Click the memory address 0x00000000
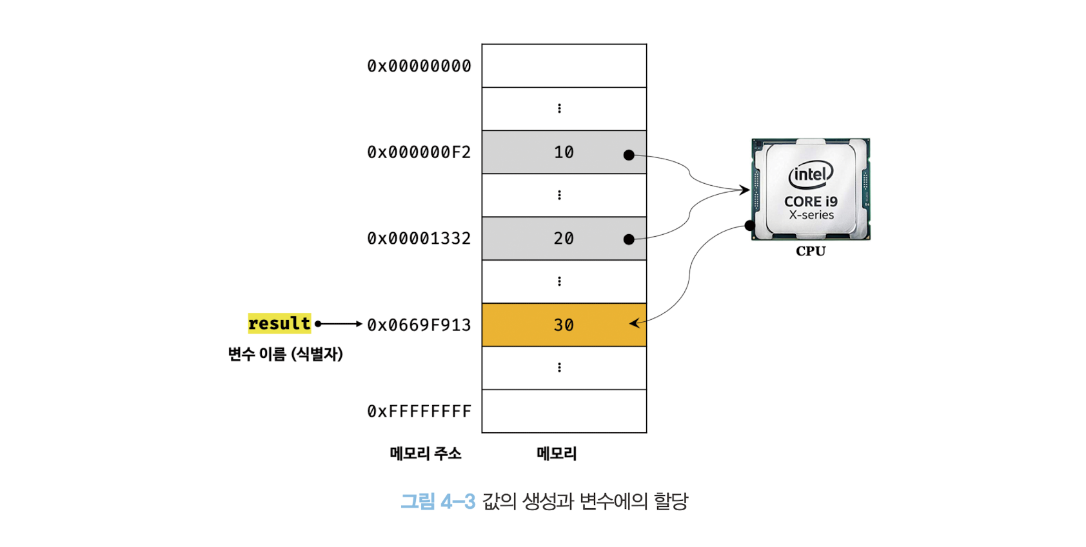pos(419,66)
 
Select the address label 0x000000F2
pos(419,152)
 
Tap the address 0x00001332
pos(419,239)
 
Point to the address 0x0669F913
pos(419,325)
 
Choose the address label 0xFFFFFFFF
pos(419,412)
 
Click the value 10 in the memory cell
pos(564,152)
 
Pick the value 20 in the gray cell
pos(564,239)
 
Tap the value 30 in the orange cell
pos(564,325)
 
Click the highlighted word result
pos(279,323)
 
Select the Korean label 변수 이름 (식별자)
pos(285,354)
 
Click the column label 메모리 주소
pos(426,453)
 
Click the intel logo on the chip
pos(811,174)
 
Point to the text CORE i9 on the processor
pos(811,201)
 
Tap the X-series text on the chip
pos(811,215)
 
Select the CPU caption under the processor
pos(811,251)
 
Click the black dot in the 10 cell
pos(629,155)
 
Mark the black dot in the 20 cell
pos(629,239)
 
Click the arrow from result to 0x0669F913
pos(340,324)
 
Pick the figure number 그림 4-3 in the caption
pos(438,501)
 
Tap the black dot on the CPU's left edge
pos(749,225)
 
